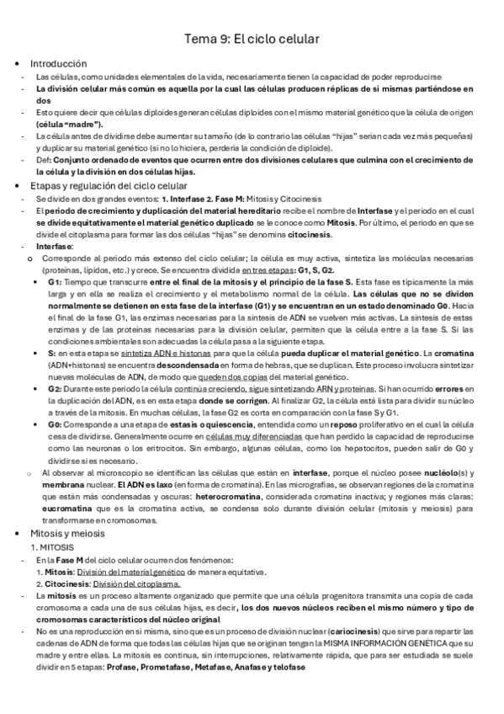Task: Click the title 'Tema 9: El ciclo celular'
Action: (x=252, y=39)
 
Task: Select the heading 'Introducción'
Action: (x=59, y=63)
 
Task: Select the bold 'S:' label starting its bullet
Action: (x=52, y=354)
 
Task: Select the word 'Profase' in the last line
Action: (x=125, y=668)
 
